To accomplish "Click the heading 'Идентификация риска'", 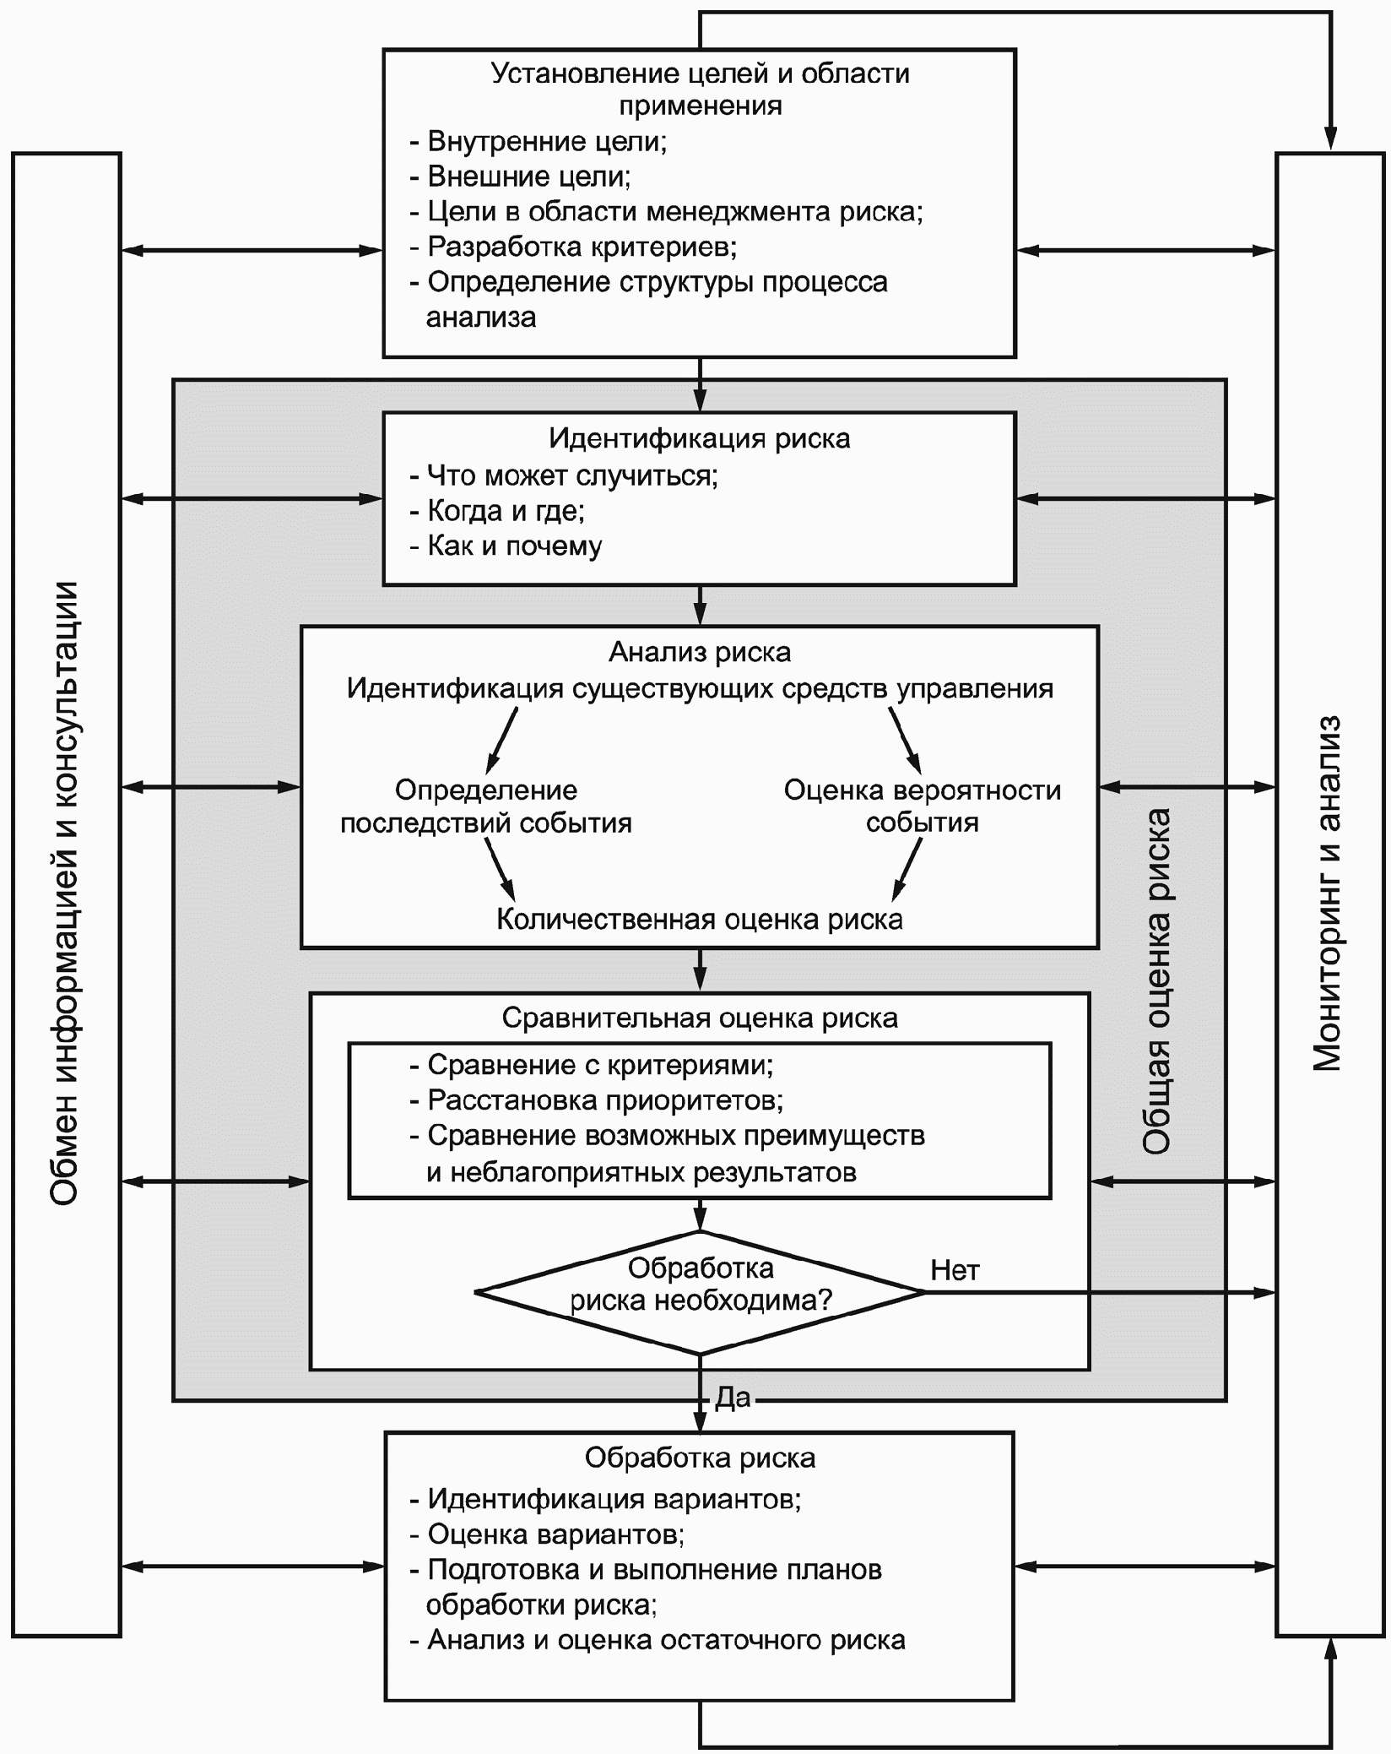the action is pyautogui.click(x=700, y=438).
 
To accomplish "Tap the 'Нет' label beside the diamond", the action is pyautogui.click(x=955, y=1269).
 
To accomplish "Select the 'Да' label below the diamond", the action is pyautogui.click(x=732, y=1398).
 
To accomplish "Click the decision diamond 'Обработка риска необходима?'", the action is pyautogui.click(x=700, y=1292).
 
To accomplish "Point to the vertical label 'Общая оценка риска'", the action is pyautogui.click(x=1156, y=980).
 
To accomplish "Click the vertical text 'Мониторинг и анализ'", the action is pyautogui.click(x=1328, y=894).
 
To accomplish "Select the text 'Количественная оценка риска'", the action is pyautogui.click(x=700, y=919).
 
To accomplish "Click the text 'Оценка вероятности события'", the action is pyautogui.click(x=923, y=806).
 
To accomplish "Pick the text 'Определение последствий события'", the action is pyautogui.click(x=486, y=806).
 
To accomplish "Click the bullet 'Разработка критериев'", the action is pyautogui.click(x=574, y=247).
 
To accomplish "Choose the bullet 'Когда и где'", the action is pyautogui.click(x=498, y=510).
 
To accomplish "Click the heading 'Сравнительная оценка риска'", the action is pyautogui.click(x=700, y=1018).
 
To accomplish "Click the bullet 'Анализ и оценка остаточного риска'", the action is pyautogui.click(x=658, y=1639).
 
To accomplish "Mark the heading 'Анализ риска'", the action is pyautogui.click(x=700, y=652).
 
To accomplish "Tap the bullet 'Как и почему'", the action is pyautogui.click(x=506, y=546).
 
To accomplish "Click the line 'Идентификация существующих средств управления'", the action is pyautogui.click(x=700, y=688).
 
